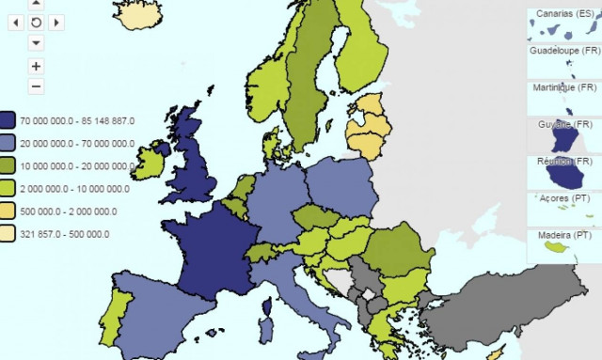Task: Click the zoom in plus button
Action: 36,67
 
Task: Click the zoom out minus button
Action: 36,86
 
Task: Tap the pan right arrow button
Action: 57,23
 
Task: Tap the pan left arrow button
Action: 14,23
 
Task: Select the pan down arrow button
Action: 36,42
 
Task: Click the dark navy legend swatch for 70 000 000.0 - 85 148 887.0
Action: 8,120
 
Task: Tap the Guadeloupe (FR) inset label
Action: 564,51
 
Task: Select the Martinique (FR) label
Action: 563,87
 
